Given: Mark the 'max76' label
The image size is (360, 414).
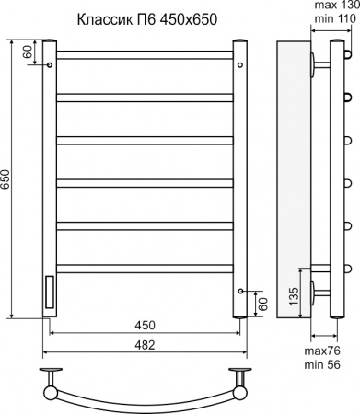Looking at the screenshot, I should tap(323, 353).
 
